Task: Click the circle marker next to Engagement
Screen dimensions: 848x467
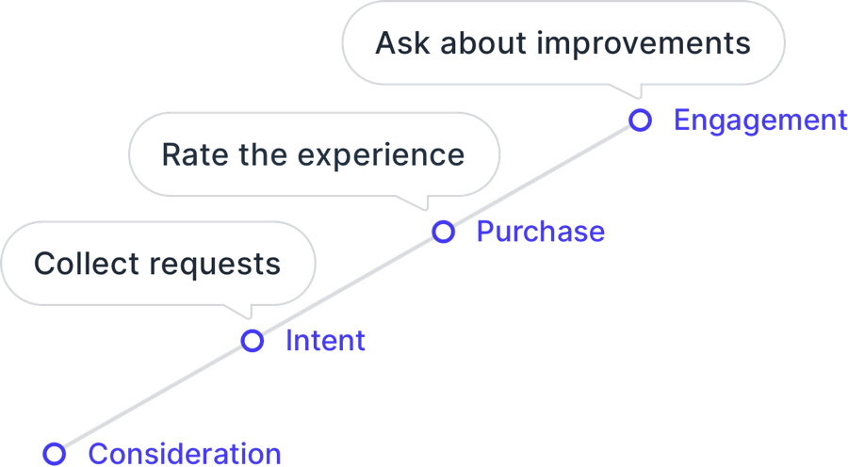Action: (641, 111)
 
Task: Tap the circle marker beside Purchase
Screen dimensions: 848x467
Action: (444, 222)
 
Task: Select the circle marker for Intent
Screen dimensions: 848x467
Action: (252, 331)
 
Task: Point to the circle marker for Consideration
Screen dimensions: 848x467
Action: (54, 444)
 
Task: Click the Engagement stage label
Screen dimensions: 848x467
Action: (760, 121)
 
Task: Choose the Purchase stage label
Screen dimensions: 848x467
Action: (540, 232)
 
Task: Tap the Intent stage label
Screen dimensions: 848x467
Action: (325, 341)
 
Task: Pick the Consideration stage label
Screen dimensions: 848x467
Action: (185, 454)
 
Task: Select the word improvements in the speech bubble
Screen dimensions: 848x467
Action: (643, 43)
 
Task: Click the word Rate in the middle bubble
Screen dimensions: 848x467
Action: (195, 154)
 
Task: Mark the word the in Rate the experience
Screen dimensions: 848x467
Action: (263, 154)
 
